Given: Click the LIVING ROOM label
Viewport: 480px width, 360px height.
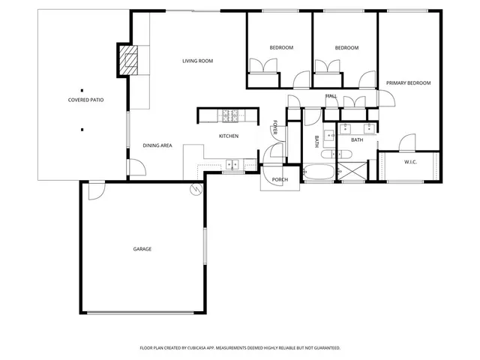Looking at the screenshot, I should pyautogui.click(x=198, y=61).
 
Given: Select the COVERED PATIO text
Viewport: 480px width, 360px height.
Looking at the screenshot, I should pyautogui.click(x=85, y=100).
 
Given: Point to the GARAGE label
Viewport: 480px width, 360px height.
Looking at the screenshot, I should pyautogui.click(x=142, y=249).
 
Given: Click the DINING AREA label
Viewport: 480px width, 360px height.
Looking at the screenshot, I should pyautogui.click(x=158, y=145).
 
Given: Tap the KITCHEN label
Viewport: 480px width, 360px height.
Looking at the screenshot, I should pyautogui.click(x=229, y=136).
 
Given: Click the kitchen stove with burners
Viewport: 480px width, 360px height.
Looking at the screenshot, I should pyautogui.click(x=229, y=115).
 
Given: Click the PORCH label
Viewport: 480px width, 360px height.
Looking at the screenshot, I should pyautogui.click(x=280, y=180).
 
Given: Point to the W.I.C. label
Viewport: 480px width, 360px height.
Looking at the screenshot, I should pyautogui.click(x=410, y=162).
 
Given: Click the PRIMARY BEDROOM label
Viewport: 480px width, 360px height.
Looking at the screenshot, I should pyautogui.click(x=409, y=83).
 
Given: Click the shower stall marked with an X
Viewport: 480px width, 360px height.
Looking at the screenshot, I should pyautogui.click(x=353, y=172).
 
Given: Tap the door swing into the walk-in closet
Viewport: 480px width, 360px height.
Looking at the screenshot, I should pyautogui.click(x=406, y=142).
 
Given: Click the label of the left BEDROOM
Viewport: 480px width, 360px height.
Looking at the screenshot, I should pyautogui.click(x=281, y=48).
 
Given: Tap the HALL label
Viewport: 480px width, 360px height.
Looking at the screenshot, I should pyautogui.click(x=331, y=96).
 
